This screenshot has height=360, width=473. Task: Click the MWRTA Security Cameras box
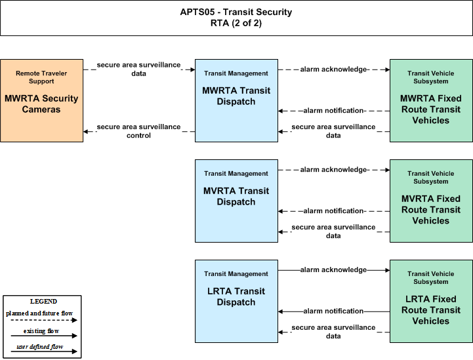pos(41,100)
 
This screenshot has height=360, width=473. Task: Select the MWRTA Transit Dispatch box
pos(236,100)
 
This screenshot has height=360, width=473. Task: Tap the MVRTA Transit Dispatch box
pos(236,201)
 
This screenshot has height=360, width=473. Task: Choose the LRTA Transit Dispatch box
pos(236,301)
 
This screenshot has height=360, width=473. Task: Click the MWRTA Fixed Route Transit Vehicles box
pos(431,100)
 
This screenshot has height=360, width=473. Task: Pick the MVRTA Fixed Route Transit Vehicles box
pos(431,201)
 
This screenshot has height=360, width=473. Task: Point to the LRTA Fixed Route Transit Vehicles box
pos(431,301)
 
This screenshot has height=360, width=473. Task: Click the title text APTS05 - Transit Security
pos(236,12)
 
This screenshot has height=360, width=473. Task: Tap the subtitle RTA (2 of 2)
pos(236,23)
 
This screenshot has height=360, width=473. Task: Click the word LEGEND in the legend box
pos(43,302)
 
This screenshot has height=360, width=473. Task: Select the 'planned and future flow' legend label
pos(39,313)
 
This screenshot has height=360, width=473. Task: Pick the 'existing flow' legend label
pos(41,331)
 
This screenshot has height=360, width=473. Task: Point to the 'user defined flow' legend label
pos(40,347)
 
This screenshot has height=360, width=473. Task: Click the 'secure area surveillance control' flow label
pos(139,131)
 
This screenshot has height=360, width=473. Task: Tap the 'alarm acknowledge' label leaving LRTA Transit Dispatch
pos(333,270)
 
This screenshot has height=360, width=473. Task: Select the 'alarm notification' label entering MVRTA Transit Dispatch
pos(333,210)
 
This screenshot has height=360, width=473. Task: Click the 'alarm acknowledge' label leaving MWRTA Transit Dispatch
pos(333,70)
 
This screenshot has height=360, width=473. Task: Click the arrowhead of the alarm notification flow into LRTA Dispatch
pos(280,311)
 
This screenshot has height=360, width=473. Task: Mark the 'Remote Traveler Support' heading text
pos(41,77)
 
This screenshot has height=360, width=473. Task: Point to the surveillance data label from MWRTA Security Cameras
pos(139,70)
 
